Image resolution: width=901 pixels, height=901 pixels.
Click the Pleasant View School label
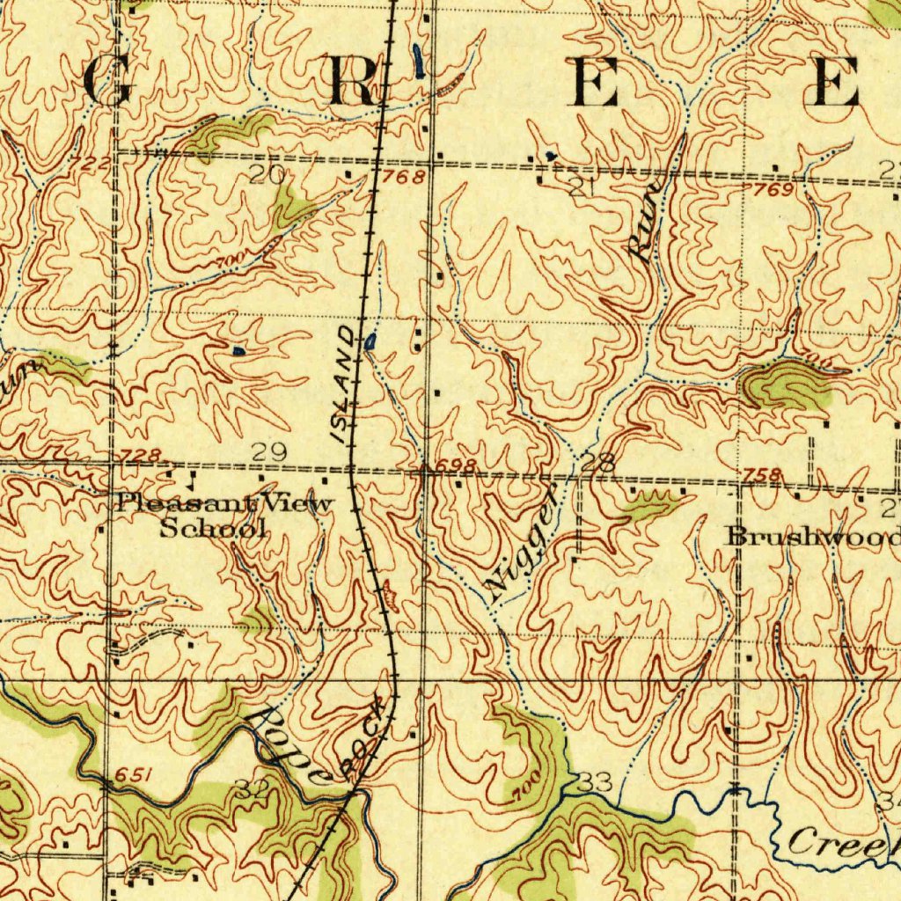click(225, 516)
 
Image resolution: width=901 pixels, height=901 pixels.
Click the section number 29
click(269, 452)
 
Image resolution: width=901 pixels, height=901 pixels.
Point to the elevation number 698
click(457, 465)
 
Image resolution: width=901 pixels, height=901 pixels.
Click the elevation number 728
click(141, 455)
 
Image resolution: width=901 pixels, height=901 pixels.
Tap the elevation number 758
click(763, 476)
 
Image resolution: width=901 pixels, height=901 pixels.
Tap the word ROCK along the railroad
click(365, 737)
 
